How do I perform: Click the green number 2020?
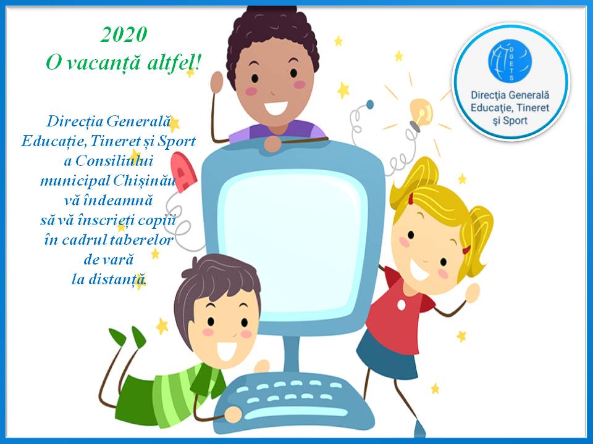pyautogui.click(x=124, y=35)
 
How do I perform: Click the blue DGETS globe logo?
pyautogui.click(x=510, y=61)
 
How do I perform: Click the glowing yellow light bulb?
pyautogui.click(x=421, y=112)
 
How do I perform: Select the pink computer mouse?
pyautogui.click(x=183, y=172)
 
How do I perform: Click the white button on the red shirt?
pyautogui.click(x=402, y=304)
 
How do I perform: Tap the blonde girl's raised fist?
pyautogui.click(x=473, y=292)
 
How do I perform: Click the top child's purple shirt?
pyautogui.click(x=277, y=131)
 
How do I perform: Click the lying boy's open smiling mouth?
pyautogui.click(x=227, y=351)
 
